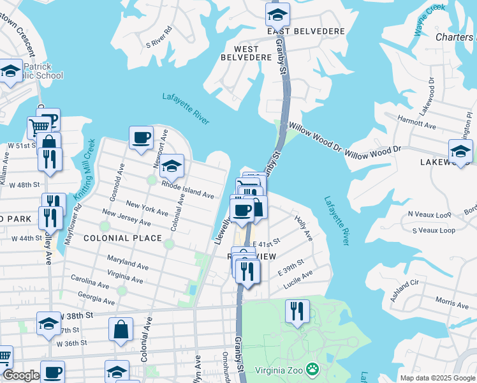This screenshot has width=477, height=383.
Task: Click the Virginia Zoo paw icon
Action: (312, 369)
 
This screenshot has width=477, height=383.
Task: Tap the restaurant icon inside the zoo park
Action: (297, 312)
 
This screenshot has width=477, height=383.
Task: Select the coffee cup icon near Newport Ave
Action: (141, 137)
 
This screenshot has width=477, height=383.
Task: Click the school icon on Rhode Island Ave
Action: (172, 167)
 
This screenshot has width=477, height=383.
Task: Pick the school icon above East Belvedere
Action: (277, 14)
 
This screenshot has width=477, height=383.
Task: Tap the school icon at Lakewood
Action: (460, 151)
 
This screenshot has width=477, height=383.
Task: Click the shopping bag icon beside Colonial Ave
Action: (121, 330)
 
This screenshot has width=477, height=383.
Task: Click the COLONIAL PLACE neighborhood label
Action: (114, 238)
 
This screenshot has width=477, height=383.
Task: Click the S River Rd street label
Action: (159, 37)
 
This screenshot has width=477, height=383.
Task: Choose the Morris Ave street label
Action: (451, 301)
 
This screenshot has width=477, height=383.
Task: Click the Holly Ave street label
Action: (304, 227)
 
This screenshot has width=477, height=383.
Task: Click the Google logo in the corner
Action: (21, 375)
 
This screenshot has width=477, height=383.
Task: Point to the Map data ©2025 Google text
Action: (437, 378)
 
